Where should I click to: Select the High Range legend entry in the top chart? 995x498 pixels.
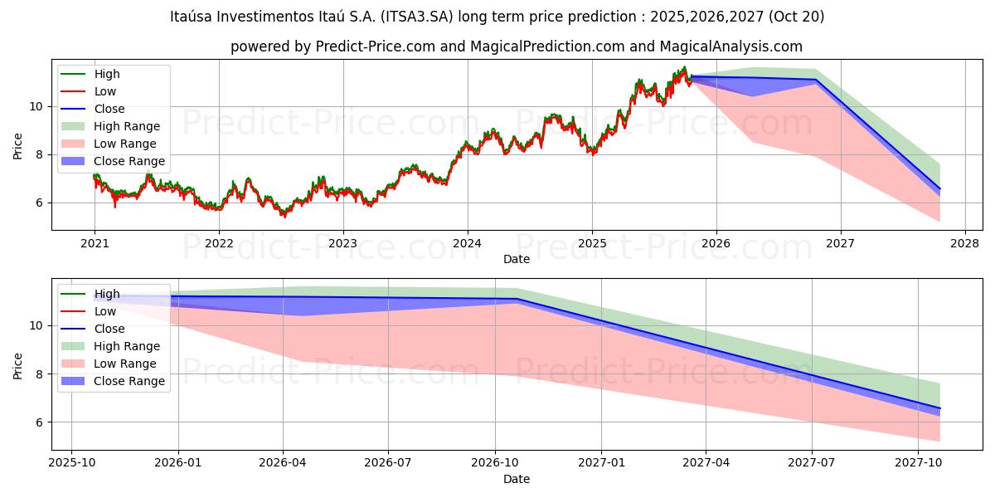coord(127,126)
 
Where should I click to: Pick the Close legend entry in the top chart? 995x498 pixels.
coord(109,109)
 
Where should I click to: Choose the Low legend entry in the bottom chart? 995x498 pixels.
coord(105,311)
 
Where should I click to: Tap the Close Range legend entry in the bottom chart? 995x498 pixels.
coord(129,381)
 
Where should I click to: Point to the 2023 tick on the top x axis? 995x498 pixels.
coord(343,243)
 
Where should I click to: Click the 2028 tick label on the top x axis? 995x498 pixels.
coord(965,243)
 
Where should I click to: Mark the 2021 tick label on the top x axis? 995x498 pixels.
coord(95,243)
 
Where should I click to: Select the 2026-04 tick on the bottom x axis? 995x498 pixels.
coord(283,462)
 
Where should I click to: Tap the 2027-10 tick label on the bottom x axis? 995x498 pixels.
coord(919,462)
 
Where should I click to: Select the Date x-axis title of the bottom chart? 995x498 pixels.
coord(516,479)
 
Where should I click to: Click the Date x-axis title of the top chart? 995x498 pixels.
coord(516,259)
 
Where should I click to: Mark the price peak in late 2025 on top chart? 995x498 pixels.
coord(684,67)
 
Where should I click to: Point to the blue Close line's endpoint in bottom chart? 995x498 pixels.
coord(939,408)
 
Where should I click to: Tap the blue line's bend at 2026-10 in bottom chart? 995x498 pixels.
coord(517,299)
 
